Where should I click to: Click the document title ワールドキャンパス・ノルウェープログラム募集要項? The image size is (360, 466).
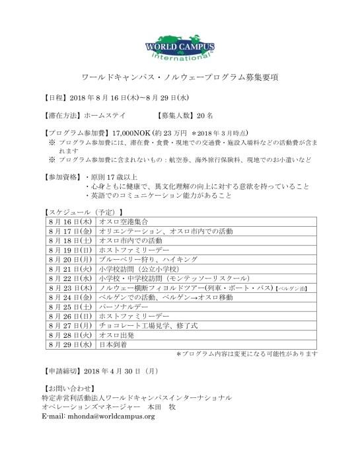[x=180, y=77]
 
